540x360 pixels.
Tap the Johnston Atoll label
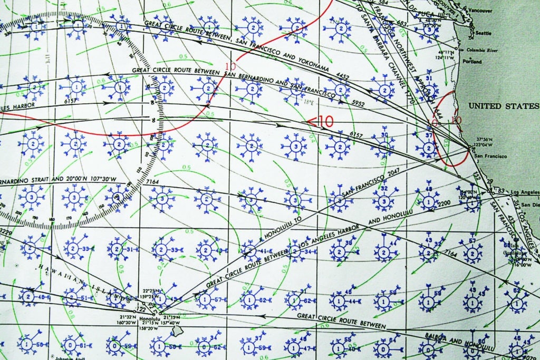click(60, 357)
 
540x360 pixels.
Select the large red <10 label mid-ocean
click(320, 121)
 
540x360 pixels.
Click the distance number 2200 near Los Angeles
click(444, 202)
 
